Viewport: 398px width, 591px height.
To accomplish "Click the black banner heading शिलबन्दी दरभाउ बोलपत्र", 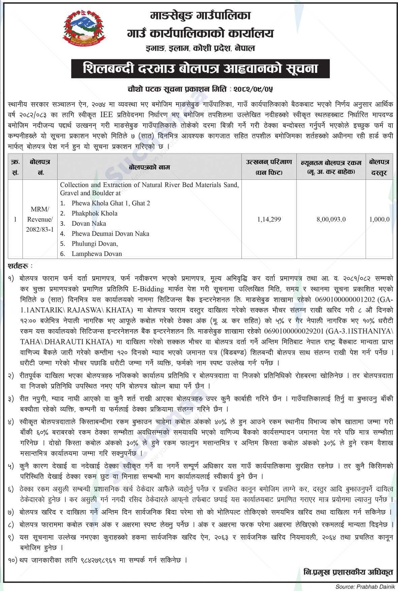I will (x=200, y=69).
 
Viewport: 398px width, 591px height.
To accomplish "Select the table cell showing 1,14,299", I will (x=269, y=219).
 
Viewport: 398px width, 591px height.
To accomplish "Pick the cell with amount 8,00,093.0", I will (x=331, y=219).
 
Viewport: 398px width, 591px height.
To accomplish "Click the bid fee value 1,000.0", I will (x=379, y=219).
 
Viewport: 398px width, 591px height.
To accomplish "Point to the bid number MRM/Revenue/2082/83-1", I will (x=40, y=219).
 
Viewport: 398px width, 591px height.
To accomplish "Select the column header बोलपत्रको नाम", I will (x=149, y=167).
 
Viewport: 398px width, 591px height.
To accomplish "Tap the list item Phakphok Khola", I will (x=94, y=213).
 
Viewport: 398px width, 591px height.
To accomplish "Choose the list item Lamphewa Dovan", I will (x=97, y=254).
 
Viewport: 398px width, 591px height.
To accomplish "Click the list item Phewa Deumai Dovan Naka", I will (x=110, y=234).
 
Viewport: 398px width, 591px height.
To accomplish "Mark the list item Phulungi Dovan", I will (x=95, y=244).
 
